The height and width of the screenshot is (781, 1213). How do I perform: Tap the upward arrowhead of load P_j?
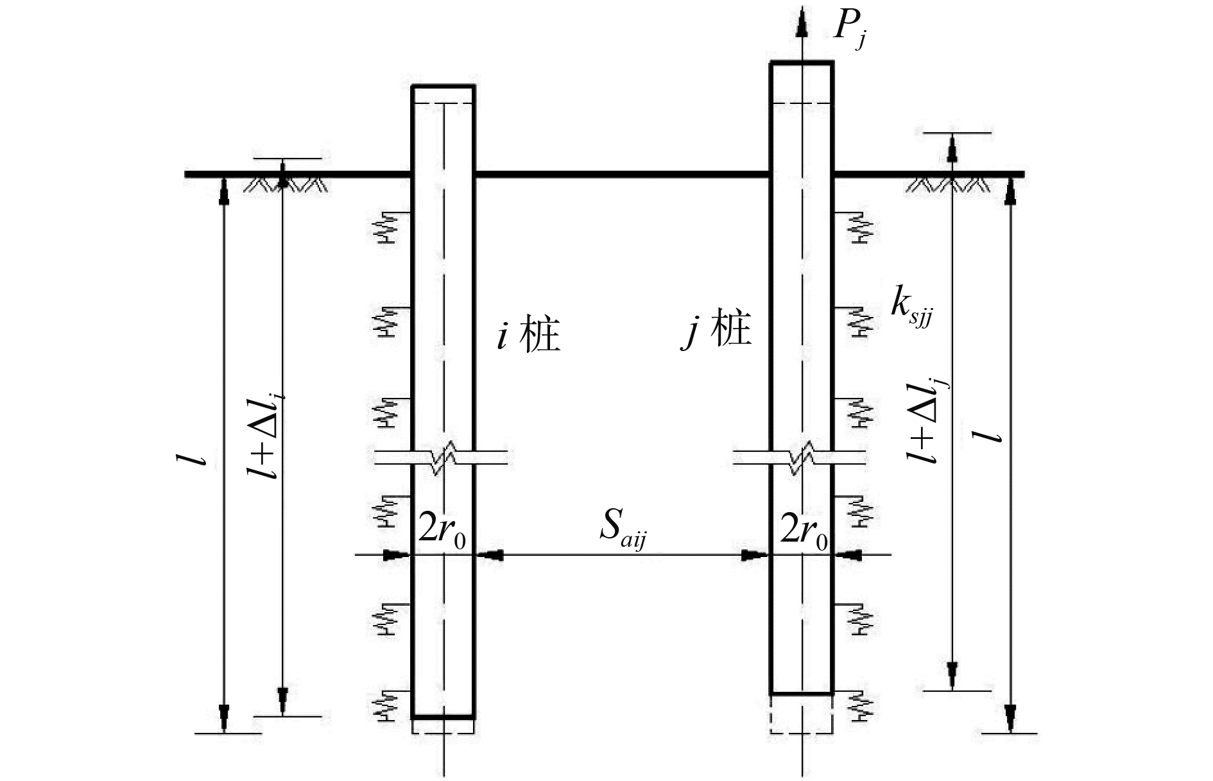pyautogui.click(x=801, y=24)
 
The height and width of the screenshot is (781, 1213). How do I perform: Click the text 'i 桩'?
pyautogui.click(x=529, y=334)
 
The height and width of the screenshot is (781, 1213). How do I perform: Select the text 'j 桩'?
pyautogui.click(x=716, y=332)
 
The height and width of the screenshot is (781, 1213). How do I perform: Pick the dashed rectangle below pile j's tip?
pyautogui.click(x=801, y=714)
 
